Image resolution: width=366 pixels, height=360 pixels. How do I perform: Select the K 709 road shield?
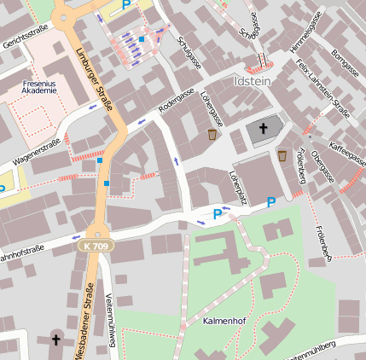tap(99, 246)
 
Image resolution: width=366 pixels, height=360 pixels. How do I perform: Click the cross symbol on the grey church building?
tap(264, 129)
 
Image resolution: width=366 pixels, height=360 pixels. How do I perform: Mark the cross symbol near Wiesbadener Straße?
tap(56, 340)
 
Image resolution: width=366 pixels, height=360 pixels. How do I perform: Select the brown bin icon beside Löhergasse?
tap(212, 134)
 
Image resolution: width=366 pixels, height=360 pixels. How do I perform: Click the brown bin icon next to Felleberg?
tap(282, 155)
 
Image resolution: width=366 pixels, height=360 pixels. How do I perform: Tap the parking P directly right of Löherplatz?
tap(271, 202)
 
